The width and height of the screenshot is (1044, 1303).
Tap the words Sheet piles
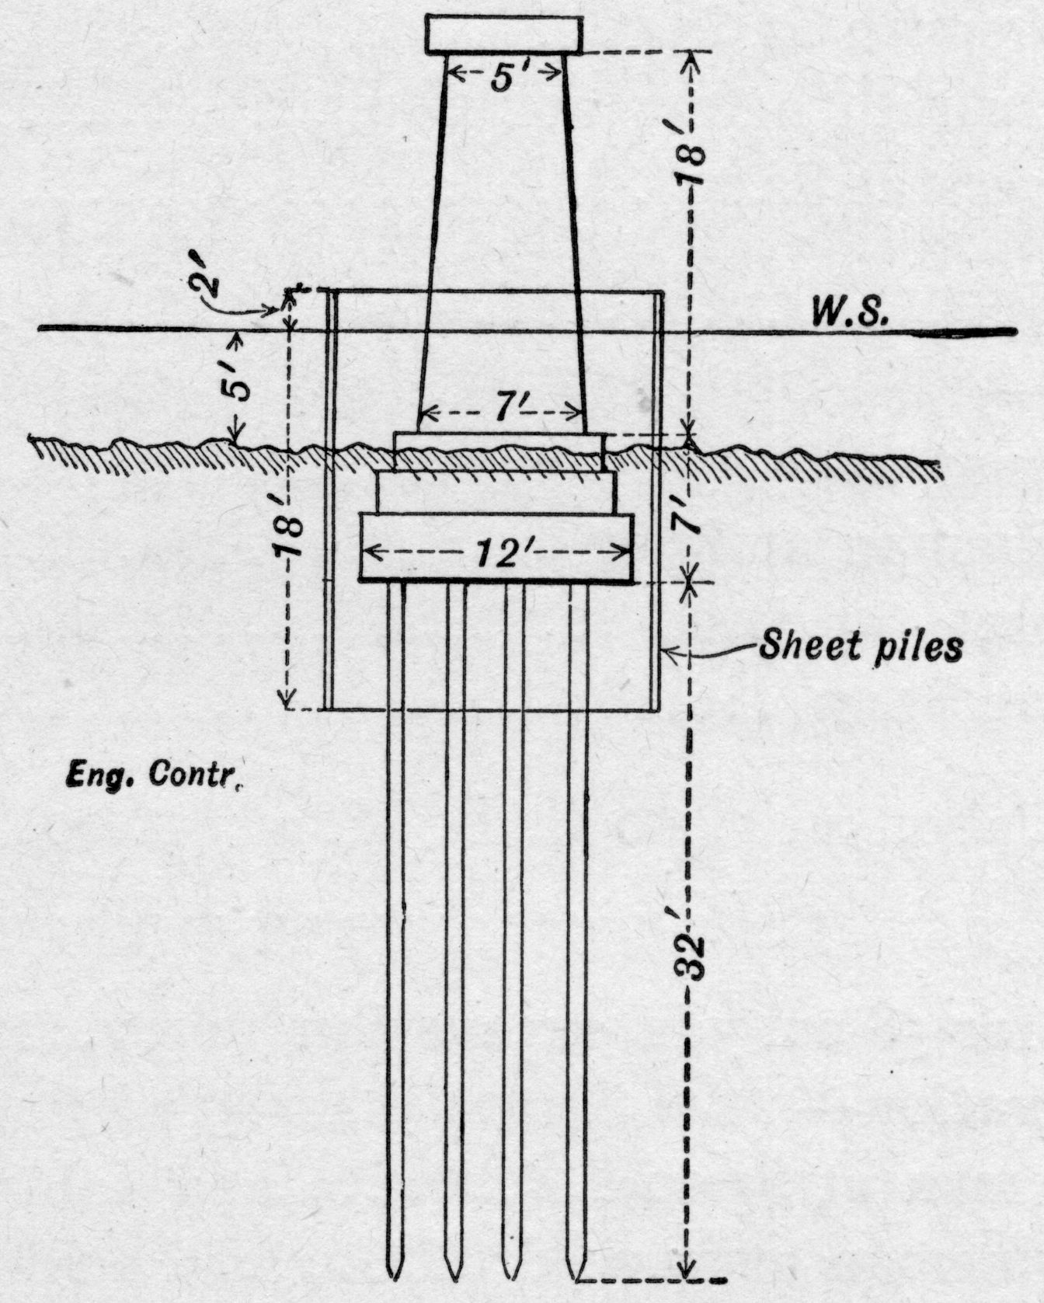click(861, 646)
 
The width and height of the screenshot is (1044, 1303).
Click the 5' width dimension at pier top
click(506, 78)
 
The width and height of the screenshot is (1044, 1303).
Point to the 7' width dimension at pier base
click(503, 409)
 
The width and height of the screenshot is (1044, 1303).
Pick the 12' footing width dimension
click(497, 553)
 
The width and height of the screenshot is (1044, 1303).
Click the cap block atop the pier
click(504, 35)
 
